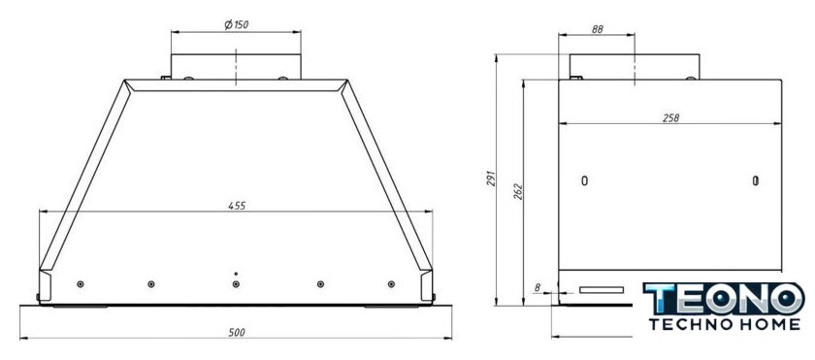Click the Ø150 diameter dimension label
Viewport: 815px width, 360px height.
click(x=236, y=24)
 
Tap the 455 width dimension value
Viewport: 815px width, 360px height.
click(x=237, y=205)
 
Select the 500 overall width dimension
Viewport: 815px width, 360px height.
click(x=237, y=333)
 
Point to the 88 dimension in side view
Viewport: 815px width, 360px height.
click(x=598, y=30)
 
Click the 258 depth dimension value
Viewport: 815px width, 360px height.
click(x=670, y=118)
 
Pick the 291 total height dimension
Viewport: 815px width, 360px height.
click(x=492, y=179)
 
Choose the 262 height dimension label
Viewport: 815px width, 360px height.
click(x=518, y=192)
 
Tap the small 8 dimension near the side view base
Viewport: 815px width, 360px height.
click(x=538, y=286)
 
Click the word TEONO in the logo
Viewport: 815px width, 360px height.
click(x=724, y=298)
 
